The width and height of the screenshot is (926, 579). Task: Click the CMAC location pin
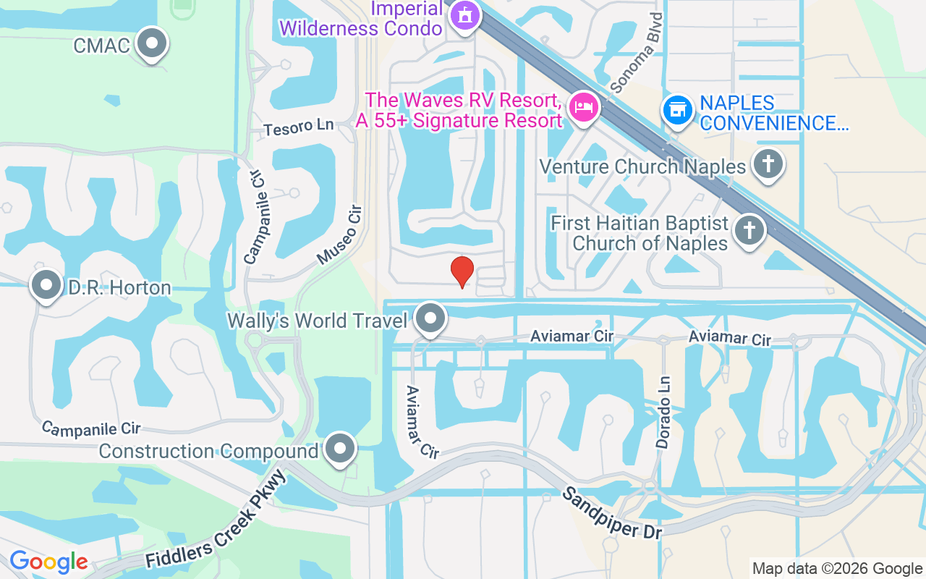point(152,43)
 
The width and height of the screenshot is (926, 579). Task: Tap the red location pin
point(462,271)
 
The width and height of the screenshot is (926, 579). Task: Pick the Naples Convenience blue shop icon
point(678,110)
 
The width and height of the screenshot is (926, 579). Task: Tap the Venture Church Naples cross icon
point(768,164)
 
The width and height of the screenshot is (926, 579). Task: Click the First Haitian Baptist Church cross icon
point(749,231)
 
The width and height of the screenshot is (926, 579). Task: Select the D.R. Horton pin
point(47,286)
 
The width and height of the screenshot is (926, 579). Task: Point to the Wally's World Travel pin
point(431,318)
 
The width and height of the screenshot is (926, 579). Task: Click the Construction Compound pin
point(340,449)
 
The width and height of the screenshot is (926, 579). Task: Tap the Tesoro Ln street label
point(299,127)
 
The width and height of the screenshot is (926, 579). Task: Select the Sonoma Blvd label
point(637,52)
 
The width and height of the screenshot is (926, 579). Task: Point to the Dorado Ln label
point(663,413)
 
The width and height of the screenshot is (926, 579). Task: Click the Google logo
point(48,562)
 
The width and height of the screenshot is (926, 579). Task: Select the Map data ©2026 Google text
point(837,569)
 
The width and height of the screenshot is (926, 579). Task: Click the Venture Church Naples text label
point(642,167)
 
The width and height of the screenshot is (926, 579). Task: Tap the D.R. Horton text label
point(119,288)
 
